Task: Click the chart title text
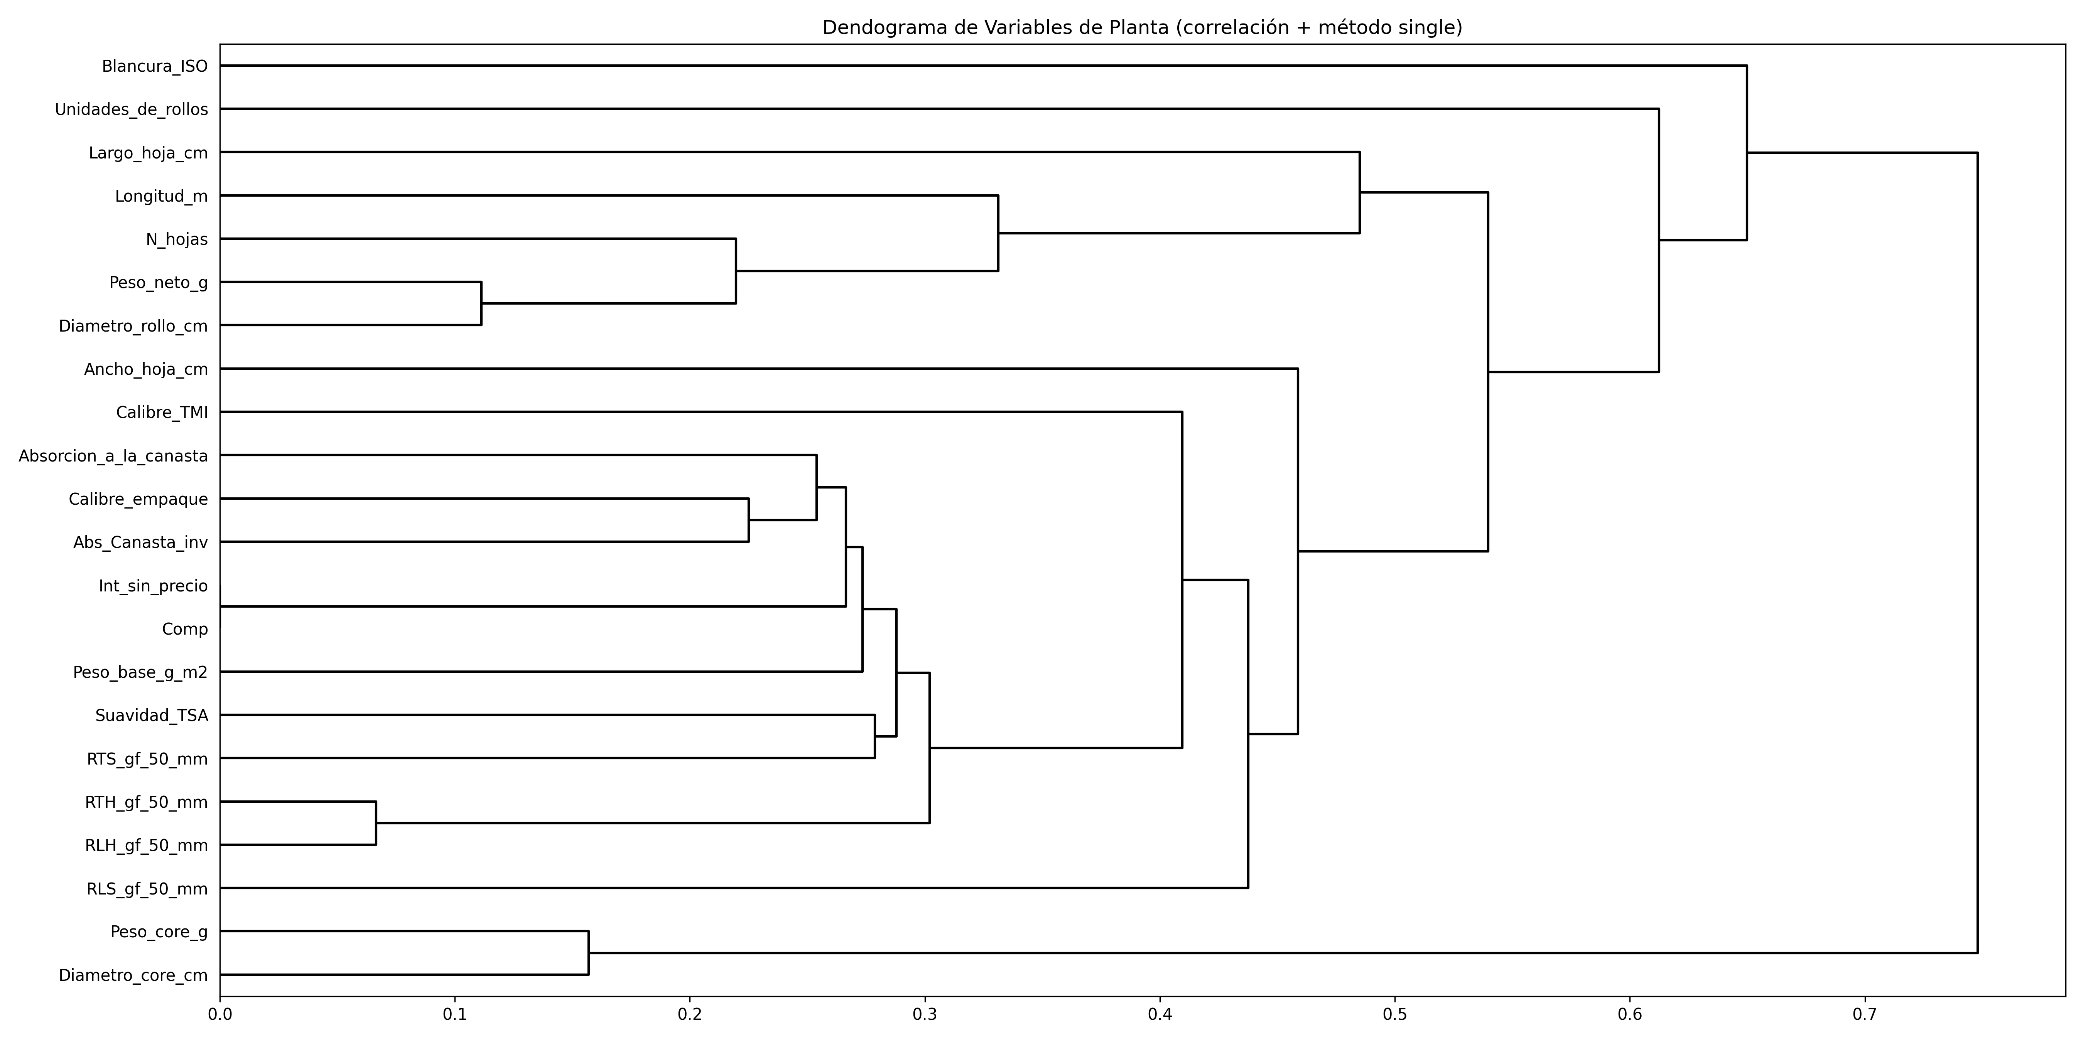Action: (1142, 27)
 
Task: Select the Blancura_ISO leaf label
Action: (154, 66)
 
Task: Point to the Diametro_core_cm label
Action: (133, 975)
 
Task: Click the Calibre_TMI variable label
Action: (162, 413)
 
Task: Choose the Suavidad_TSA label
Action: (151, 715)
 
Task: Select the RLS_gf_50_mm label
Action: (147, 889)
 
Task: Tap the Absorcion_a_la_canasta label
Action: (113, 456)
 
